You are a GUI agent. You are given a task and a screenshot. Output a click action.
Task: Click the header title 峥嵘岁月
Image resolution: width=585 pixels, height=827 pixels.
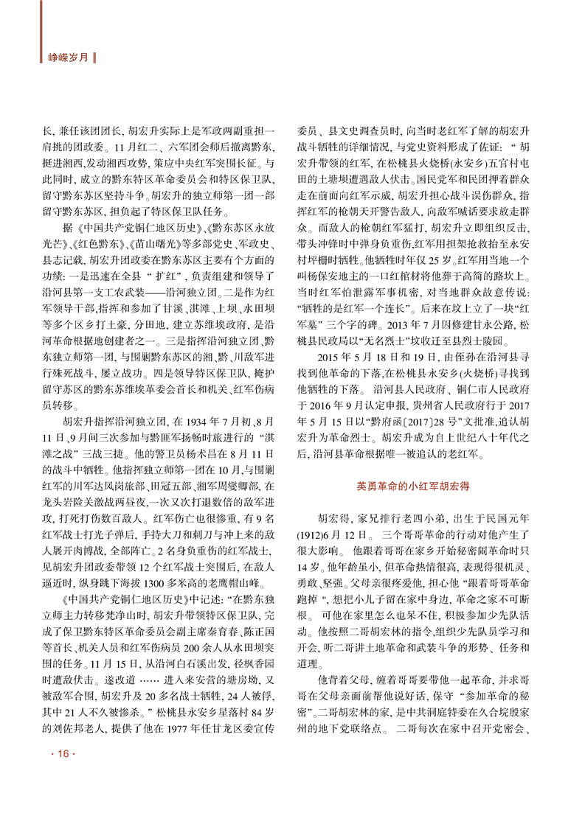coord(67,55)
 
